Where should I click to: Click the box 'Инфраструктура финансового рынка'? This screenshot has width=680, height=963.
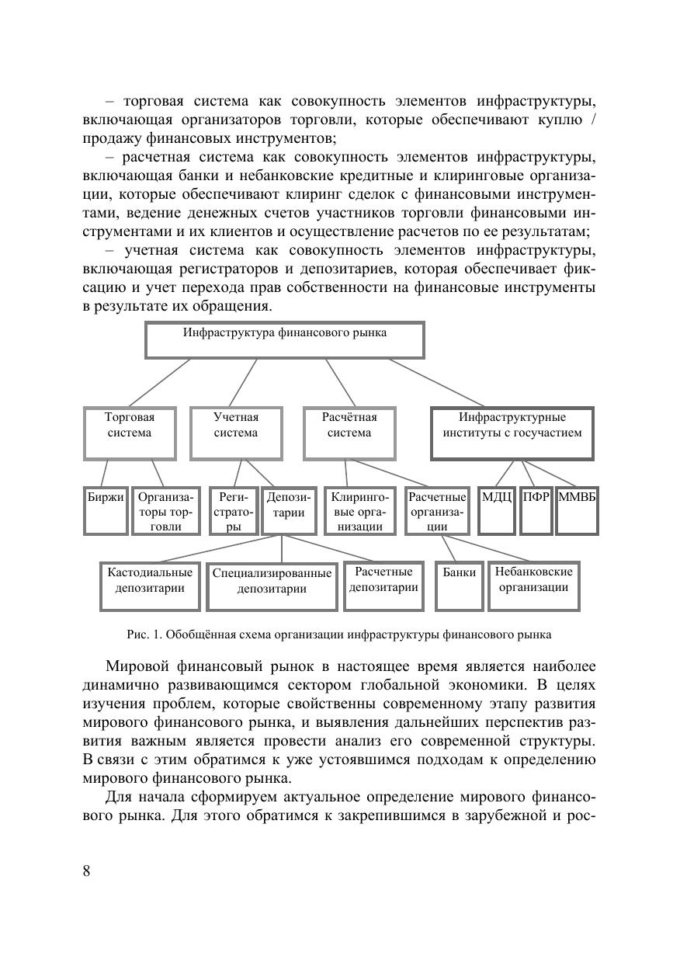pos(285,340)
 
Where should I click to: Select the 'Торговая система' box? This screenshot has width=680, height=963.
pos(130,433)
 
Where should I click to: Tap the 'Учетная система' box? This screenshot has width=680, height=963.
pos(236,433)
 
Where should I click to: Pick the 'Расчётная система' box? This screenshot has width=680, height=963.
pos(349,433)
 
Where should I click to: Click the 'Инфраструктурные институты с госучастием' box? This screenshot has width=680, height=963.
pos(512,433)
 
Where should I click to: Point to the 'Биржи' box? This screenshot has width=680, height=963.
pos(106,510)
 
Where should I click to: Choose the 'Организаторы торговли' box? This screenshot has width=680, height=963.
pos(165,510)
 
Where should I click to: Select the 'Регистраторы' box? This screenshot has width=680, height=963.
pos(233,510)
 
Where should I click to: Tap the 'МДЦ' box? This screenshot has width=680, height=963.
pos(497,510)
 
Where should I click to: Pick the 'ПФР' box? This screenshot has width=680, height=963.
pos(536,510)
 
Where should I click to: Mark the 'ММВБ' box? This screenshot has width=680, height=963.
pos(577,510)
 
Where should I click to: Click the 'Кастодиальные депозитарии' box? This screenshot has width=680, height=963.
pos(150,586)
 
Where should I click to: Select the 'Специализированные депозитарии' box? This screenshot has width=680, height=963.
pos(272,586)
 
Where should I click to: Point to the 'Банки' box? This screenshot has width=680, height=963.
pos(460,586)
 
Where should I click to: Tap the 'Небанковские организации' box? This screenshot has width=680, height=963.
pos(534,586)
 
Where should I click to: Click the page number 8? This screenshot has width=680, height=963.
pos(86,871)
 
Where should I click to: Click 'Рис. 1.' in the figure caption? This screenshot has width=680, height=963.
pos(144,634)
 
